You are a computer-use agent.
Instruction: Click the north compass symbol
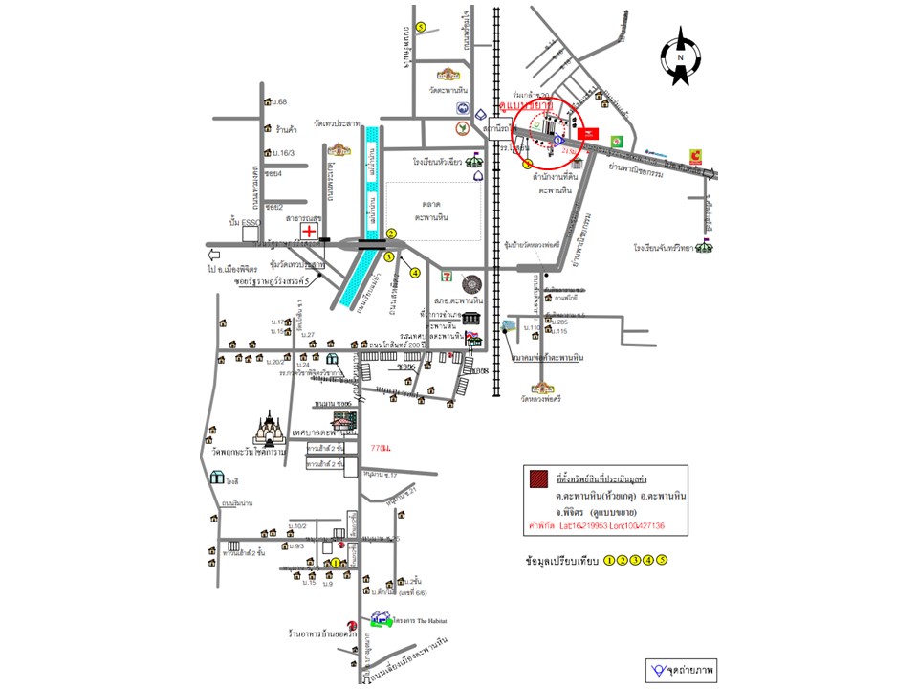click(681, 58)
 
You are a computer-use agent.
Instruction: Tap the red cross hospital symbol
click(310, 231)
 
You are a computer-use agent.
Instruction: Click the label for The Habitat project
click(419, 621)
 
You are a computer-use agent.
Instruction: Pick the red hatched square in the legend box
click(539, 478)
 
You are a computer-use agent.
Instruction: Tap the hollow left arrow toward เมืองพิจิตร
click(213, 256)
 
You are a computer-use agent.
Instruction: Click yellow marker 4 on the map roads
click(415, 272)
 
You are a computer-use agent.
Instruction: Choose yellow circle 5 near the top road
click(421, 26)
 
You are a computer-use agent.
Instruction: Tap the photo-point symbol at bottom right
click(658, 668)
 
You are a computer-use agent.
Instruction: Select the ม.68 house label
click(279, 102)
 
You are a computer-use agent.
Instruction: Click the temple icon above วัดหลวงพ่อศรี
click(544, 387)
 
